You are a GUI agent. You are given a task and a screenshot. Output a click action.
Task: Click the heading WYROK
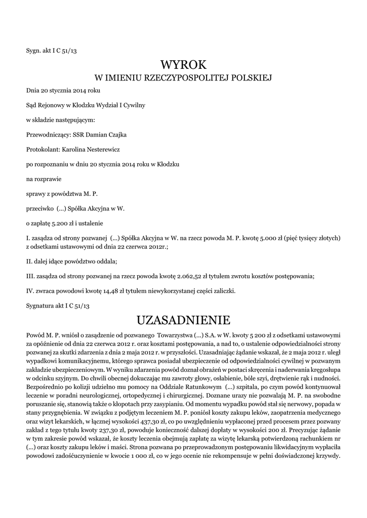[183, 64]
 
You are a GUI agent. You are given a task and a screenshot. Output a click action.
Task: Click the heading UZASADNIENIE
[183, 320]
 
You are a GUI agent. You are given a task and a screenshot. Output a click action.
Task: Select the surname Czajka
[115, 135]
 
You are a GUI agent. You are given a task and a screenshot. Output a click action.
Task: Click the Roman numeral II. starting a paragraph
[29, 262]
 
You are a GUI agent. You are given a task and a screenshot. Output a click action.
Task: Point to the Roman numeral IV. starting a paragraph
[30, 290]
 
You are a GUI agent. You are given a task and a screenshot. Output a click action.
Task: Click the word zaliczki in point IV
[224, 290]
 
